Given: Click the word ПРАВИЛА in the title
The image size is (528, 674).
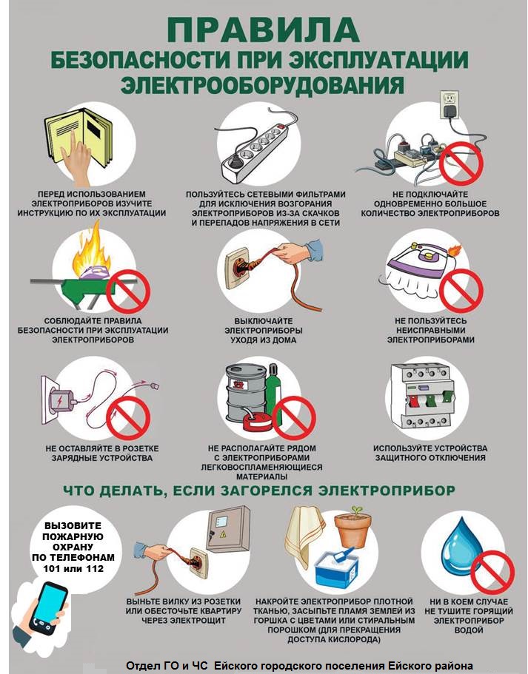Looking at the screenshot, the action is [x=264, y=30].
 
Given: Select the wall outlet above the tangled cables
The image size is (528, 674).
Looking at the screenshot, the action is [x=450, y=104].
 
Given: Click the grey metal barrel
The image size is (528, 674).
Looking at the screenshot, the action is [x=246, y=394].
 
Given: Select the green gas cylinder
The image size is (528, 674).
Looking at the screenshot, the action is [x=274, y=394].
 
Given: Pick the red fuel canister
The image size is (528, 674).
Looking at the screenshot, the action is [x=257, y=421].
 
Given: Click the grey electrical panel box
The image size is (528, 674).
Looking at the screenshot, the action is [x=228, y=530].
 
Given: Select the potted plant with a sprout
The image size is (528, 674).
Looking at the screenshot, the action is [x=352, y=527].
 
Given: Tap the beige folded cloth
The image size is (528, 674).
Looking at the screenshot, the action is [x=306, y=536].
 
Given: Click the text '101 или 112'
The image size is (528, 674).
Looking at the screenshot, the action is [x=73, y=568].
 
